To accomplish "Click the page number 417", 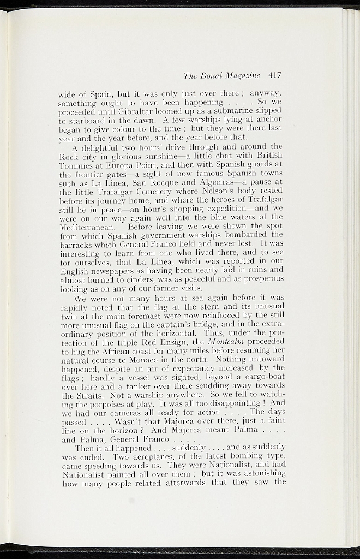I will pyautogui.click(x=274, y=75).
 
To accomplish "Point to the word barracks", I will pyautogui.click(x=76, y=244).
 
